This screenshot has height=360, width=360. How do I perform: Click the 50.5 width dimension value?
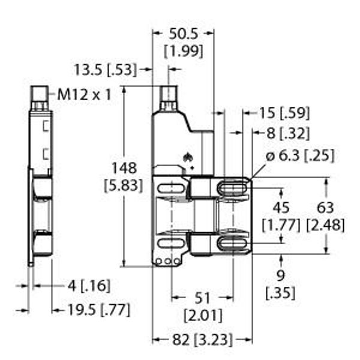(183, 34)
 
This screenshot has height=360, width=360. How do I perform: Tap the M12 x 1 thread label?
(84, 94)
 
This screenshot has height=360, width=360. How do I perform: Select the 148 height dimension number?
(124, 168)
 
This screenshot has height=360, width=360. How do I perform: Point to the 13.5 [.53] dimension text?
(106, 70)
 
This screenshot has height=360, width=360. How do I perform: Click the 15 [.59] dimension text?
(284, 113)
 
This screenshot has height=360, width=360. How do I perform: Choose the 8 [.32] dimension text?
(288, 133)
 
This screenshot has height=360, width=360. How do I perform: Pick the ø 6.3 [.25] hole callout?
(300, 156)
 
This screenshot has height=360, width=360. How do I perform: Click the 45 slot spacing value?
(281, 208)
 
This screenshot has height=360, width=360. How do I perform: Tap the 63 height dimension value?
(325, 208)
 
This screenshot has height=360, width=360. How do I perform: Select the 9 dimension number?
(281, 275)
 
